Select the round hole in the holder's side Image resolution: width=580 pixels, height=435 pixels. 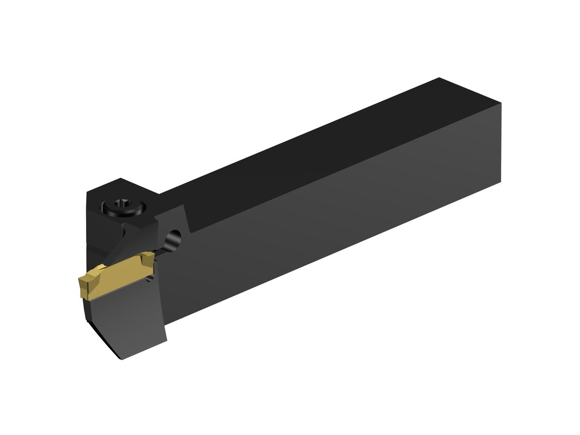pos(173,238)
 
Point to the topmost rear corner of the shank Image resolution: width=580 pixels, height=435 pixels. pos(439,78)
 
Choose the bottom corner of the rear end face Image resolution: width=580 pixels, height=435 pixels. pos(501,182)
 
